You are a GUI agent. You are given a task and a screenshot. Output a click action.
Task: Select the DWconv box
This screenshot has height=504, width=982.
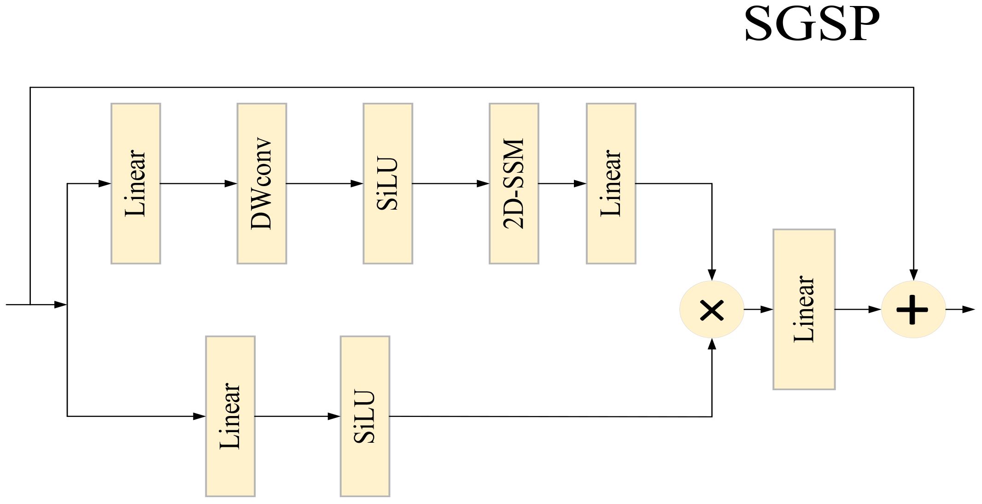coord(262,183)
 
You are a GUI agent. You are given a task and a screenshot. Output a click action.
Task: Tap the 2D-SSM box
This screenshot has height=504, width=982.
coord(514,183)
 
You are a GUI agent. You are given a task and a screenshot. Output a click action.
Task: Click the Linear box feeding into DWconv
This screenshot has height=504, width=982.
coord(135,183)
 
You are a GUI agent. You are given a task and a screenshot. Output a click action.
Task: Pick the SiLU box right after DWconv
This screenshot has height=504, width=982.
coord(387,183)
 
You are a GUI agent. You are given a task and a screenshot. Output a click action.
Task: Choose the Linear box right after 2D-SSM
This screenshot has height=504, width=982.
coord(611,183)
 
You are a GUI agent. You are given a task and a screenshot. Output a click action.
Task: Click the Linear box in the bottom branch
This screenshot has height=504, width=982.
coord(230,416)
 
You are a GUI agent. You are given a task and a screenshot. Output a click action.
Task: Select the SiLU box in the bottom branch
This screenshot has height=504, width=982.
coord(365,416)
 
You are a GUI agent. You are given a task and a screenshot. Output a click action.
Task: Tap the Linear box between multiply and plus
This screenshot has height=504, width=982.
coord(804,309)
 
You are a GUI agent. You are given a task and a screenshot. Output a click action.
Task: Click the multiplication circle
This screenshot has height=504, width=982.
coord(712,310)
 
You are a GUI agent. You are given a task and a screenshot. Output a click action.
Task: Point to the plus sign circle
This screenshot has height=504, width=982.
coord(913,310)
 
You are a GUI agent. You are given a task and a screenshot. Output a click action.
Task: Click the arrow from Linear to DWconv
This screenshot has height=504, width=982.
coord(199,183)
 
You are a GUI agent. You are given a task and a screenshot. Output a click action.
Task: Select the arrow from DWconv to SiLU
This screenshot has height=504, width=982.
coord(325,183)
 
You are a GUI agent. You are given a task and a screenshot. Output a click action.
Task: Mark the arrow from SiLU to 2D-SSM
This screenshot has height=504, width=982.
coord(450,183)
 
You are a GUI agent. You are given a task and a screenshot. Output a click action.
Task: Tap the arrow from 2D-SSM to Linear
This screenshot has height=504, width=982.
coord(562,183)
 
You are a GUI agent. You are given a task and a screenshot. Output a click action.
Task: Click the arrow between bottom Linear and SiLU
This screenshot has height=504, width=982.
coord(297,416)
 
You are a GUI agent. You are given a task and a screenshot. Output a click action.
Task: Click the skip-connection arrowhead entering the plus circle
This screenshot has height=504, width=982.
coord(913,275)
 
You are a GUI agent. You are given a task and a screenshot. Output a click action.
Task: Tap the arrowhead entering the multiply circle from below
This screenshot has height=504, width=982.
coord(712,344)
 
